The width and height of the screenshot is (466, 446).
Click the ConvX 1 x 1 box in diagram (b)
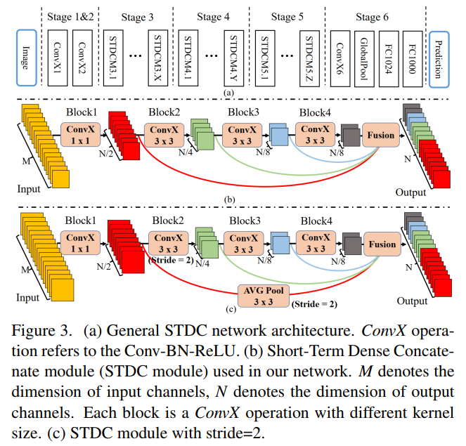pyautogui.click(x=82, y=133)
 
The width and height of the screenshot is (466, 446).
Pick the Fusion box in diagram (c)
pyautogui.click(x=380, y=244)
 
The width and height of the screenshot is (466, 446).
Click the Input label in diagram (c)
pyautogui.click(x=28, y=298)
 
